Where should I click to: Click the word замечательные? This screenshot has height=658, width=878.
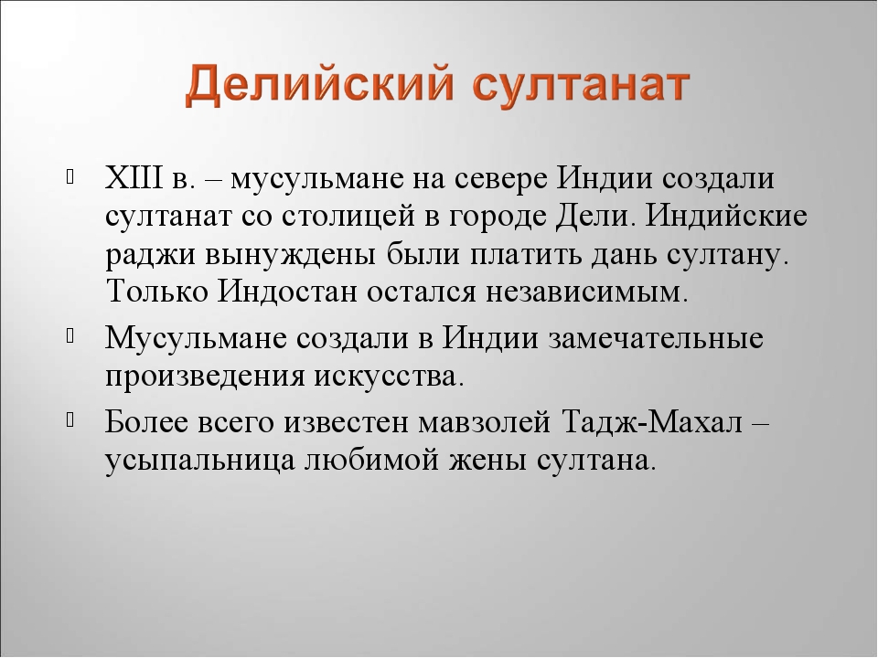coord(655,336)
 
